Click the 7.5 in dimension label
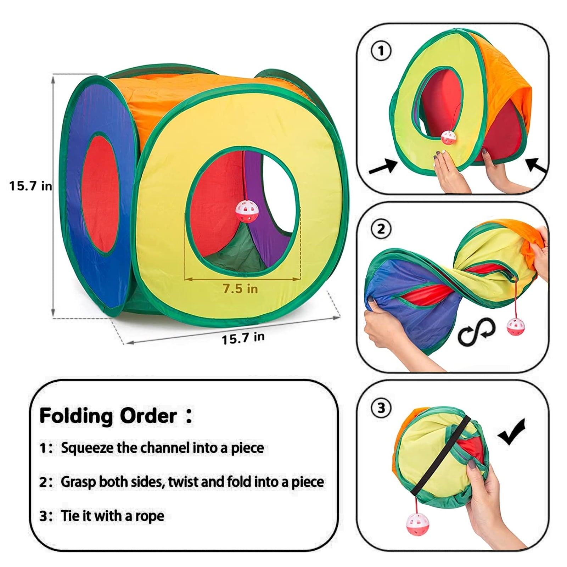[240, 289]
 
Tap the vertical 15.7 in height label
[30, 186]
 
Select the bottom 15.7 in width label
[243, 338]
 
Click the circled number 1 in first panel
[381, 51]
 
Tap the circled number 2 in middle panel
[381, 229]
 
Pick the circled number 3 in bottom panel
[381, 408]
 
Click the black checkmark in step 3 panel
[512, 431]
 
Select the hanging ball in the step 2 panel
[514, 326]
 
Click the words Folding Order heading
[108, 416]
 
